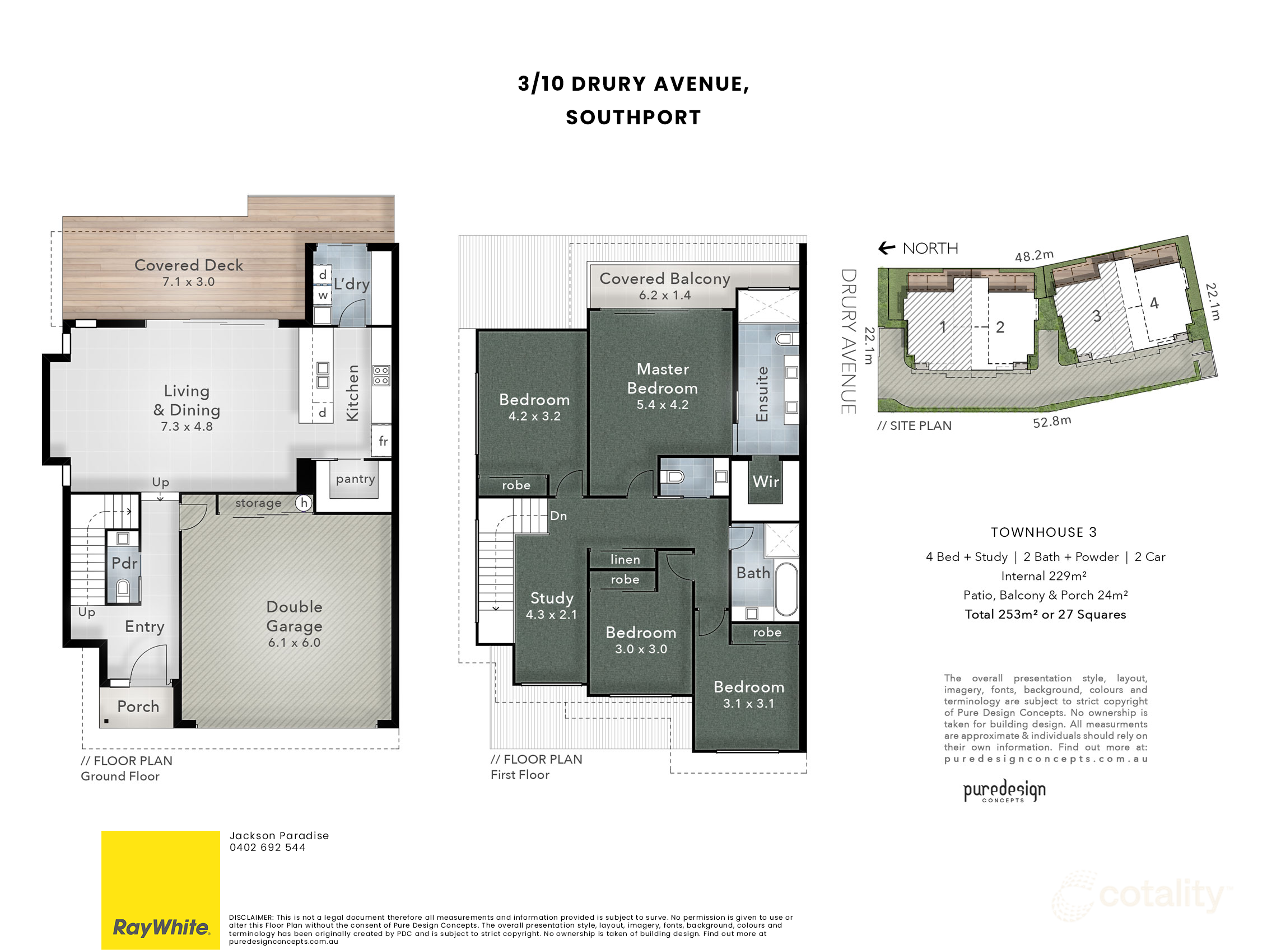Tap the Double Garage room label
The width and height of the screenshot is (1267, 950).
tap(295, 616)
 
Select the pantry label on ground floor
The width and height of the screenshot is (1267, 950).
tap(355, 479)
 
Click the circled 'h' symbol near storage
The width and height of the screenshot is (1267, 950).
tap(304, 503)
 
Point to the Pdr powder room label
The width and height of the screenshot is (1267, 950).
tap(124, 563)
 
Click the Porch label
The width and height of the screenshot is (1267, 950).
tap(138, 706)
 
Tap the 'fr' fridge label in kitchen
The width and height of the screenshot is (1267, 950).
tap(383, 441)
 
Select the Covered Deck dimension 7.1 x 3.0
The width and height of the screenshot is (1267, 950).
tap(188, 282)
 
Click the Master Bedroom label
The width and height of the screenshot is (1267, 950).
tap(663, 378)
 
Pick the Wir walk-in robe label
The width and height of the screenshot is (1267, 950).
tap(765, 481)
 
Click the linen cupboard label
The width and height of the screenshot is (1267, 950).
tap(625, 559)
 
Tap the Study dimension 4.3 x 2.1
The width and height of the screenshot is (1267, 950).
tap(551, 615)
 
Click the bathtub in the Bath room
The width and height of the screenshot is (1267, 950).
tap(786, 589)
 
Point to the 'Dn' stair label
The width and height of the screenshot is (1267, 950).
tap(558, 516)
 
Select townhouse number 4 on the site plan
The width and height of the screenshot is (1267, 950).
tap(1154, 303)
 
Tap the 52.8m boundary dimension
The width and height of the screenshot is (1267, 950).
tap(1052, 422)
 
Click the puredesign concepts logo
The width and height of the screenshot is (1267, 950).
tap(1004, 791)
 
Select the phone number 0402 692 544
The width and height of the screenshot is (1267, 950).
tap(268, 848)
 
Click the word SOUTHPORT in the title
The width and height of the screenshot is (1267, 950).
tap(633, 118)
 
